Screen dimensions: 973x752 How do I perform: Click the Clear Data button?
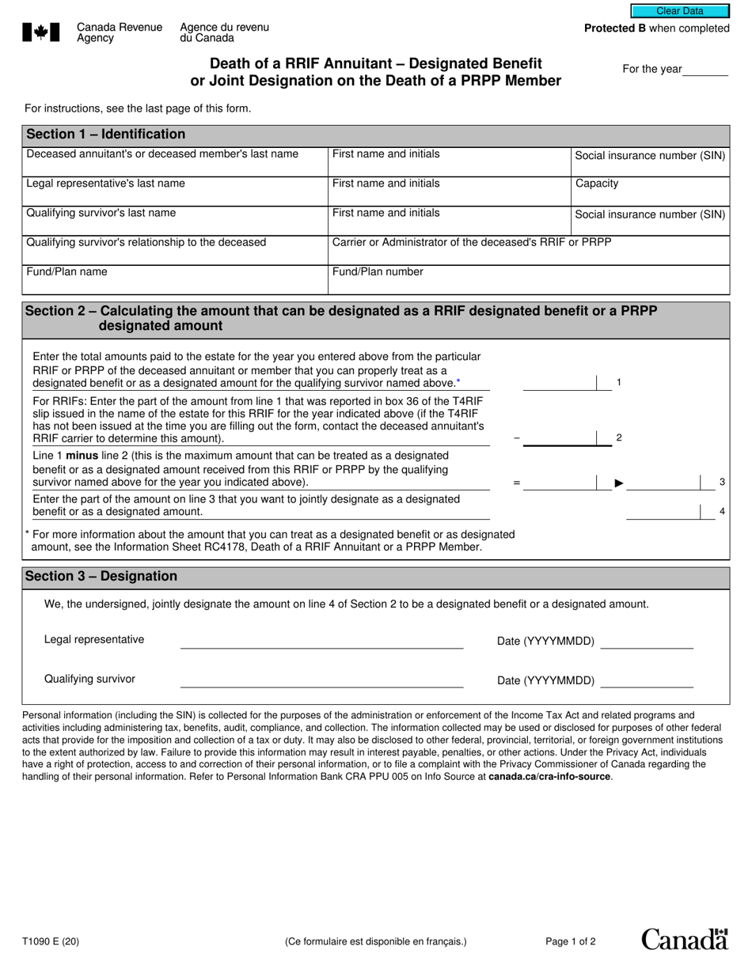pos(679,11)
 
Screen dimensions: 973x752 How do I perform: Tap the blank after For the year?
pos(705,70)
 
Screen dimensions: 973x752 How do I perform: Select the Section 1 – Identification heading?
pos(105,134)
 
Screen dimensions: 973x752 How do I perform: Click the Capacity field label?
pos(597,184)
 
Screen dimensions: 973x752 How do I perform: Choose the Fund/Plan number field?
pos(529,279)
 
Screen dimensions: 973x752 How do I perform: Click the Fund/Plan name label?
pos(66,272)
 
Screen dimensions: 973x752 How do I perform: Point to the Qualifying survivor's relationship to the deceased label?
pos(146,243)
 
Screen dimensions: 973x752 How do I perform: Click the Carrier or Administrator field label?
pos(472,242)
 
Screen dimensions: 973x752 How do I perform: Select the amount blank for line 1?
pos(560,384)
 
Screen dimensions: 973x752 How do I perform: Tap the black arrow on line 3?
pos(620,483)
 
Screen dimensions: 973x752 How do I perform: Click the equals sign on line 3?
pos(516,483)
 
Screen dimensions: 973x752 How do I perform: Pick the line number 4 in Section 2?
pos(722,512)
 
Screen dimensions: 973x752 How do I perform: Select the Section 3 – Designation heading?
pos(101,577)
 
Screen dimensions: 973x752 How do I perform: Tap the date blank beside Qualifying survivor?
pos(647,681)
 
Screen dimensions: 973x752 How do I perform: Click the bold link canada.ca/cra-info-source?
pos(549,777)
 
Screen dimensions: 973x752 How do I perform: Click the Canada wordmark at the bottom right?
pos(684,940)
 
